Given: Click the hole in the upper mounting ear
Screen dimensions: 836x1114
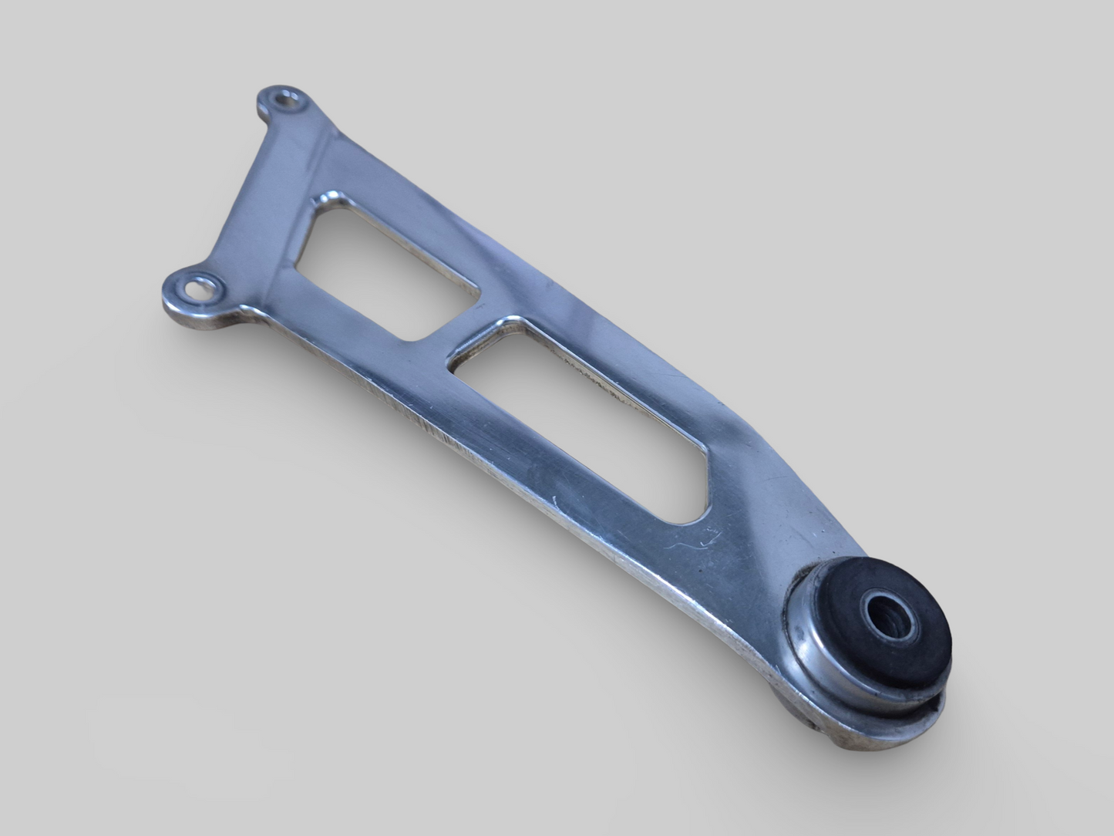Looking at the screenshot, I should click(x=288, y=99).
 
